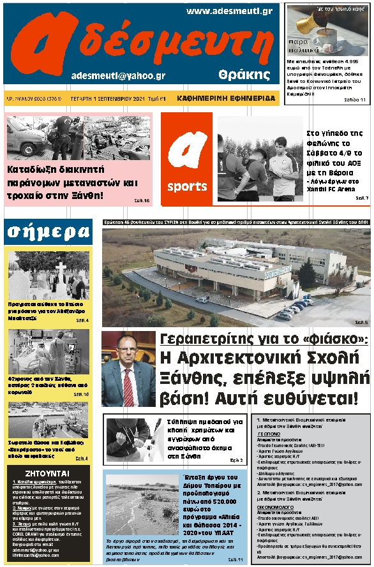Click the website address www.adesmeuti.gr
(x=230, y=11)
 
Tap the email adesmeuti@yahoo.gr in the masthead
(x=119, y=75)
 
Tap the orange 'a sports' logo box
(x=187, y=159)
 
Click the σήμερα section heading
(x=48, y=232)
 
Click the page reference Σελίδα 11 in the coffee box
(x=355, y=99)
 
